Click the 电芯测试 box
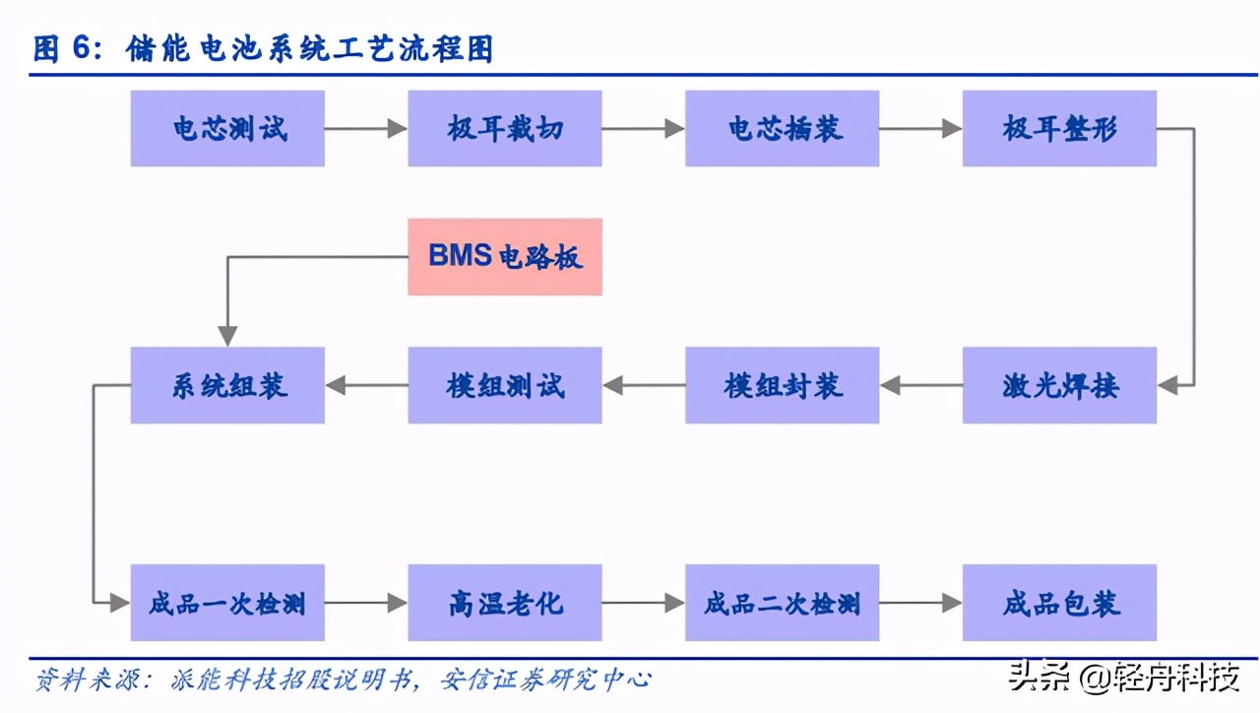(x=227, y=128)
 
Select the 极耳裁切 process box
(x=505, y=128)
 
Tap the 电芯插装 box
(x=783, y=128)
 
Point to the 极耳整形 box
(x=1059, y=128)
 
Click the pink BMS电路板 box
(x=505, y=257)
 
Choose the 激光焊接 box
(x=1059, y=385)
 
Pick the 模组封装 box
(x=783, y=385)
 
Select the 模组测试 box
(x=505, y=385)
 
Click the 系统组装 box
(x=227, y=385)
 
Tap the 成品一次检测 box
(x=227, y=603)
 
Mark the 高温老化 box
(x=505, y=603)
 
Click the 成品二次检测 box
(x=783, y=603)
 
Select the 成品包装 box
(x=1059, y=603)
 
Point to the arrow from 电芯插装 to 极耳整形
(x=920, y=128)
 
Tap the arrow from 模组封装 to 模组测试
(x=644, y=385)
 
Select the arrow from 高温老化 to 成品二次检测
(x=644, y=603)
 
